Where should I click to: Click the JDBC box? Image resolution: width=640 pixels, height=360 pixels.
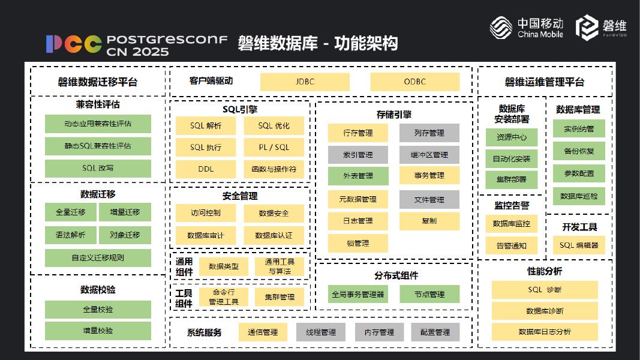[305, 82]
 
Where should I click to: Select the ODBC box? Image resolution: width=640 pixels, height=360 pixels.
[414, 82]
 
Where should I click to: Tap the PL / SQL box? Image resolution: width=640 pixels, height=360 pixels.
[274, 147]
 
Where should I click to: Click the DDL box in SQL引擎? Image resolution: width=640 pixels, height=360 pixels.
[206, 169]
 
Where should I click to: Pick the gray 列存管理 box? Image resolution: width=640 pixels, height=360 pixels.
[429, 133]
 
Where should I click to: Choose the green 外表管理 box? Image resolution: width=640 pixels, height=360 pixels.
[358, 176]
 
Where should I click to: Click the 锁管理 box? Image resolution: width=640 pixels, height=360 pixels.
[358, 243]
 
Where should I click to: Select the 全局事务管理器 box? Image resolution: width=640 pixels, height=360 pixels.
[358, 294]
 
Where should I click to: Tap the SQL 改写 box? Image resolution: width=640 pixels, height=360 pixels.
[98, 168]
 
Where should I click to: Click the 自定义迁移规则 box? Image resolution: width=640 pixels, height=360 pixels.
[98, 258]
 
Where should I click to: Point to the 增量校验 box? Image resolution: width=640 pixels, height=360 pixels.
[98, 331]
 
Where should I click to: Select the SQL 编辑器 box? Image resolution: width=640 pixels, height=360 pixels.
[579, 245]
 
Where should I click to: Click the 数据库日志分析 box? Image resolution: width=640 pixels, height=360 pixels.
[545, 331]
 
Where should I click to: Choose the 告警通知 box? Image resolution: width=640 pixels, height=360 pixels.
[511, 245]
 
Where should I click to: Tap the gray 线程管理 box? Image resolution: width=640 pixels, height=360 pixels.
[321, 332]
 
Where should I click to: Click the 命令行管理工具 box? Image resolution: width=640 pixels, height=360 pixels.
[223, 296]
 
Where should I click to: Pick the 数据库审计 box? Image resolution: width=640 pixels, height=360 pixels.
[206, 235]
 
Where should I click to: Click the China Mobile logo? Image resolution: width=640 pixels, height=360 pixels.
[527, 27]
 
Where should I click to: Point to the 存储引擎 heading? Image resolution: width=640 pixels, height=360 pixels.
[393, 115]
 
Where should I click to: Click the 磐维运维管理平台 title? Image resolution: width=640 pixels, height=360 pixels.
[544, 82]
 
